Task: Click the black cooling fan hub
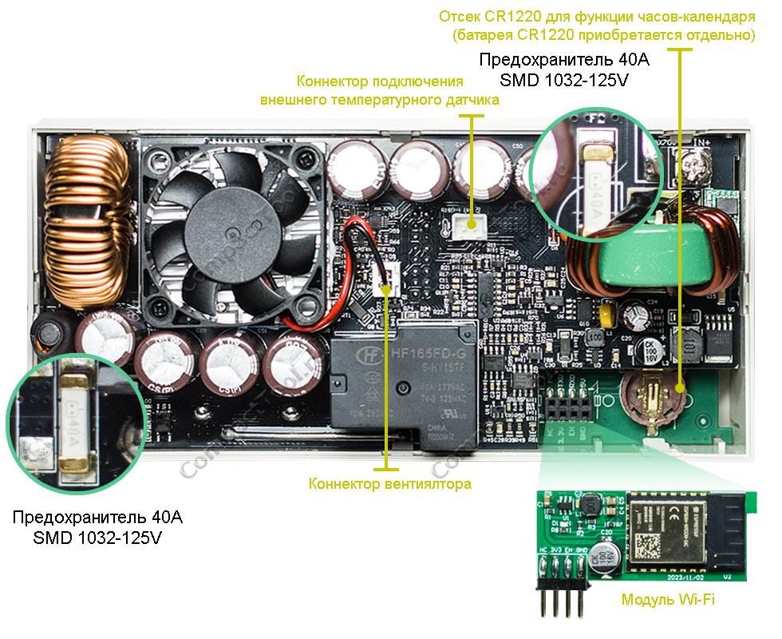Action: [x=231, y=233]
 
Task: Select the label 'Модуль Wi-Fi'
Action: [x=667, y=599]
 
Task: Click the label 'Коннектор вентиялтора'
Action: [x=389, y=484]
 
